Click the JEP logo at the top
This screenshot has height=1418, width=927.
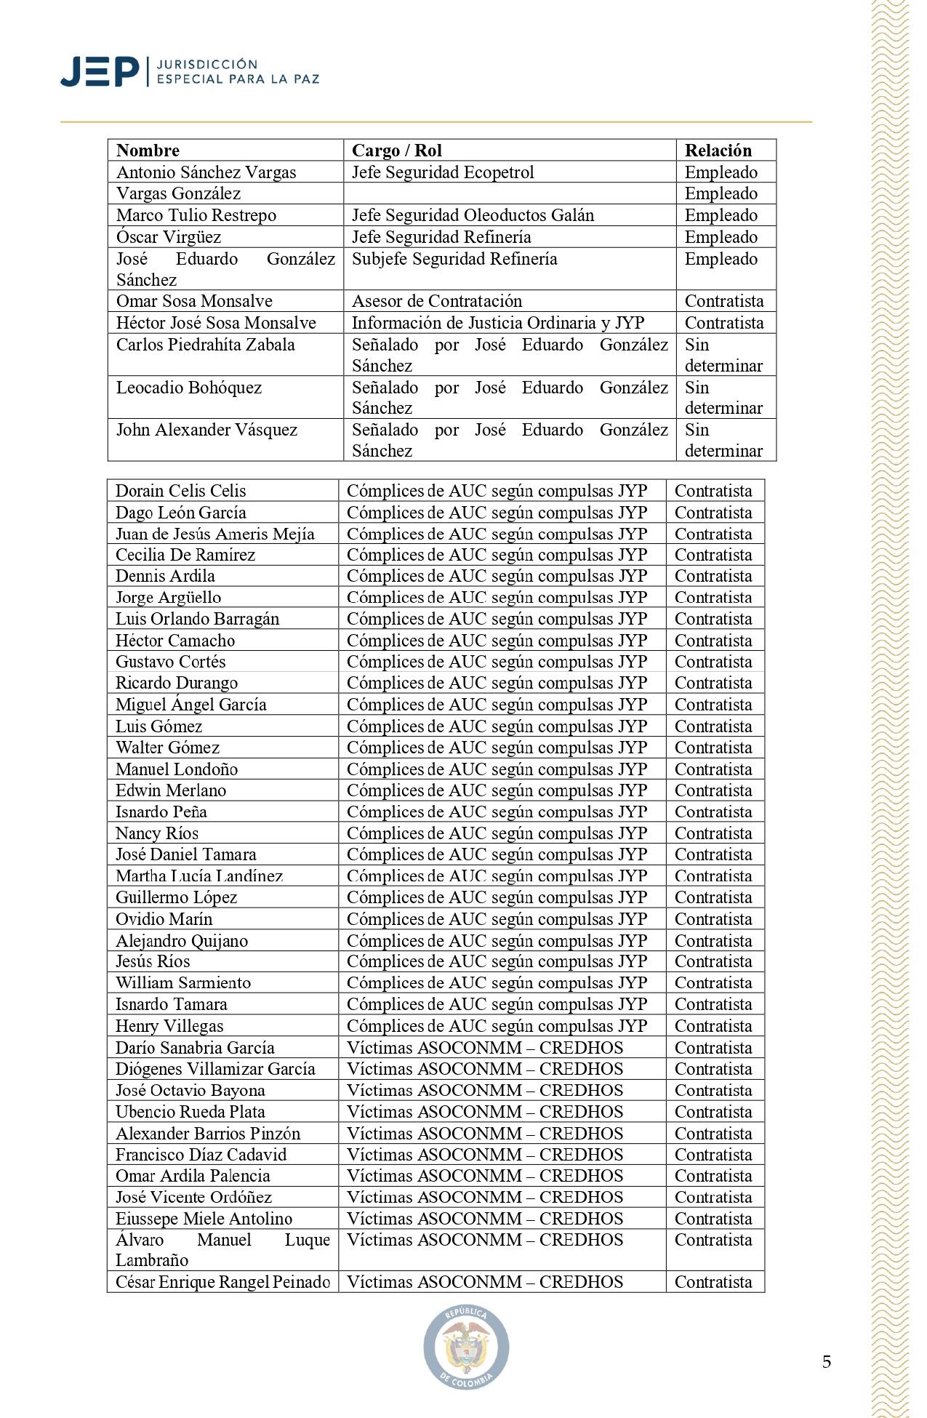tap(189, 71)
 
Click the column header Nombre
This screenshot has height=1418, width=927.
tap(148, 151)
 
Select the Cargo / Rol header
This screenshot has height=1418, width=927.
tap(396, 151)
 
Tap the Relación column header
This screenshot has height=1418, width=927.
tap(718, 151)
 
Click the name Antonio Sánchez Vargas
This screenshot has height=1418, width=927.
tap(206, 172)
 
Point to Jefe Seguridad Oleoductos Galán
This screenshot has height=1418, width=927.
tap(473, 215)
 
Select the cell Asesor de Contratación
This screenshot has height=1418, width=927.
tap(437, 301)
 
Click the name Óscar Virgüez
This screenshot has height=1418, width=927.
tap(169, 237)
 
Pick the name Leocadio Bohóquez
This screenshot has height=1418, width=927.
tap(189, 388)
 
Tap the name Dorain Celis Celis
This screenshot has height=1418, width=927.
tap(181, 491)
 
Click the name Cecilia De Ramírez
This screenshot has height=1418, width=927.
tap(185, 555)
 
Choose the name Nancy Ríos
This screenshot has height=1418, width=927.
tap(157, 833)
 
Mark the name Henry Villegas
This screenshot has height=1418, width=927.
tap(169, 1026)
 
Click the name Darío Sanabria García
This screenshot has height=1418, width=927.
tap(195, 1048)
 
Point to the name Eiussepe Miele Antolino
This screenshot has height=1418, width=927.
tap(204, 1219)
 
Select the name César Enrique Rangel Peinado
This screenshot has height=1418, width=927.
tap(222, 1282)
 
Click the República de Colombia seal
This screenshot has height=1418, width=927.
tap(466, 1346)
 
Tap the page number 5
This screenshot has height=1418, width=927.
tap(827, 1362)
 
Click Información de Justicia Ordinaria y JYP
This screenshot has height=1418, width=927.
tap(498, 323)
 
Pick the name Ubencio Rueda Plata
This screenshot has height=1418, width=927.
tap(190, 1112)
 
